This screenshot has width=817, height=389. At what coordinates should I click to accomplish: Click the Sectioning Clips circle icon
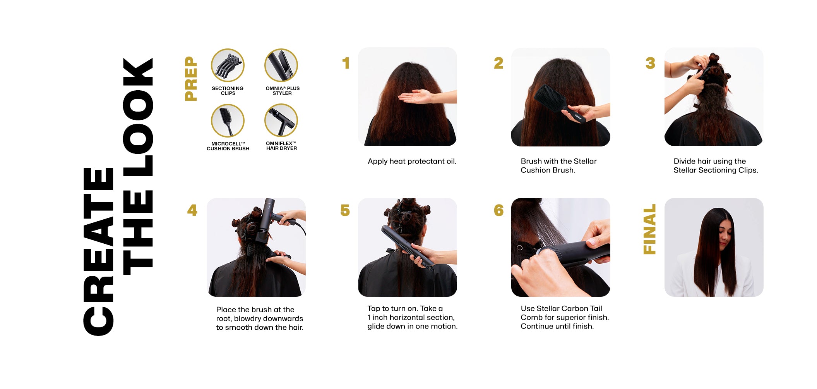pos(228,65)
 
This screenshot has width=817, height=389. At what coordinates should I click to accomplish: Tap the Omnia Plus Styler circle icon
pos(281,65)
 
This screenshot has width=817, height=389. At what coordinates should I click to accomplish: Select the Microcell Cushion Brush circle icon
pos(228,120)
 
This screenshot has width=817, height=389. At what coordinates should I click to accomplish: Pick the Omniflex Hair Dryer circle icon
pos(281,120)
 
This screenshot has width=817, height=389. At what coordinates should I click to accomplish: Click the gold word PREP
pos(191,79)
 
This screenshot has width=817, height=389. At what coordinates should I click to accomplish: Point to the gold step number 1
pos(346,63)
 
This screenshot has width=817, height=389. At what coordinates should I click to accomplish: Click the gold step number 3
pos(650,63)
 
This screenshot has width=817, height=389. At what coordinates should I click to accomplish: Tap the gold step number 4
pos(192,210)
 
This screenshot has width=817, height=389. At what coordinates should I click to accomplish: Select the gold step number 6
pos(498,210)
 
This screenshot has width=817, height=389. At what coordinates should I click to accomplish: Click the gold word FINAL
pos(650,229)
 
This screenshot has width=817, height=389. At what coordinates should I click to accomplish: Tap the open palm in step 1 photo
pos(414,97)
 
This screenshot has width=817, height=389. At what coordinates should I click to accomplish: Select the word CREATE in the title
pos(98,252)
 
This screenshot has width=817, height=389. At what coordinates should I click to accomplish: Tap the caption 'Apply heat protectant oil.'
pos(412,161)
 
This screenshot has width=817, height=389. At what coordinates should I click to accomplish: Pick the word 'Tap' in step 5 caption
pos(374,309)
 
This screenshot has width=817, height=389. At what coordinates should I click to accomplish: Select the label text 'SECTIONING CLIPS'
pos(228,91)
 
